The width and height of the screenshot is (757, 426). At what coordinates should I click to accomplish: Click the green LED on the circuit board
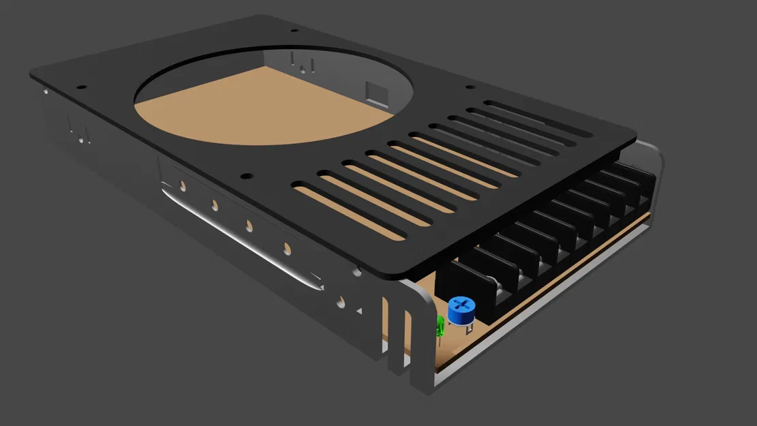[x=439, y=326]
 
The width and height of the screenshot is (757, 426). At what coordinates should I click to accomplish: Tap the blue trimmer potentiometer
[x=462, y=312]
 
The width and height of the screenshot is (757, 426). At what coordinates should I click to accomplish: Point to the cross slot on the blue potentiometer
[x=462, y=304]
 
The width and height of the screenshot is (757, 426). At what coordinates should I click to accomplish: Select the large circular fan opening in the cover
[x=273, y=95]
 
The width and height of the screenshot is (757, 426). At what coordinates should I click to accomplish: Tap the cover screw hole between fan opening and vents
[x=245, y=175]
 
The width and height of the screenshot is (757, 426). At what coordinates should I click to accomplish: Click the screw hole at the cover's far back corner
[x=294, y=30]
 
